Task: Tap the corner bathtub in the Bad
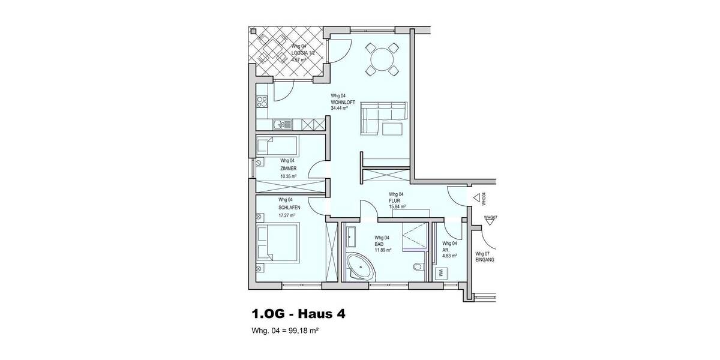click(361, 265)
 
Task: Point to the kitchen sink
click(278, 125)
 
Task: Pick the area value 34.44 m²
click(340, 109)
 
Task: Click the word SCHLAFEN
click(289, 207)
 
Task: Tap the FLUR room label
click(395, 200)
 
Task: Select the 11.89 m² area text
click(383, 250)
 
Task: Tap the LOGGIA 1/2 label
click(303, 53)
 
